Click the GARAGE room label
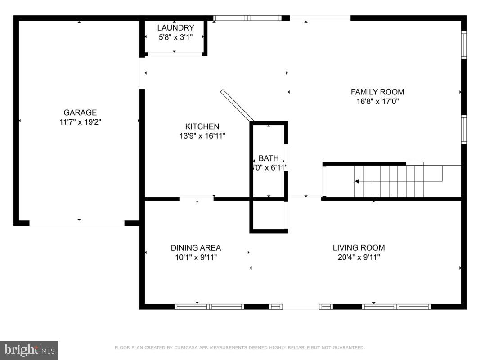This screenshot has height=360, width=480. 80,112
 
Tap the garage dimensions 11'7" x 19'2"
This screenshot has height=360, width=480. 80,122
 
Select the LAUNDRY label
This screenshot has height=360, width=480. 175,28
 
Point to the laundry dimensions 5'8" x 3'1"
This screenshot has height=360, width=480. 175,37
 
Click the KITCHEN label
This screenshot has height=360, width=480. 202,126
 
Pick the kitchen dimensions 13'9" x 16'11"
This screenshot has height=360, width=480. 202,136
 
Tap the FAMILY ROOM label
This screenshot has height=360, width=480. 377,92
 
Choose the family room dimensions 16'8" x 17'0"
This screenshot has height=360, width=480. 377,101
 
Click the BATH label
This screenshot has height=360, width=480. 269,158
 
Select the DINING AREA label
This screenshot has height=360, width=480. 196,247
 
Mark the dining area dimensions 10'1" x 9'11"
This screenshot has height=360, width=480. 196,257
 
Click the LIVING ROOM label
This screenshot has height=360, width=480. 359,247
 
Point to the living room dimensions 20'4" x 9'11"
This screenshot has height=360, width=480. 359,257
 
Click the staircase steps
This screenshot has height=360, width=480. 389,181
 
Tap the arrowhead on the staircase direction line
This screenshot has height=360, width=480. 357,181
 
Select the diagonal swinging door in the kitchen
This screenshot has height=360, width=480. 237,105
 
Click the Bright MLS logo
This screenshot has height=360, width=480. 29,350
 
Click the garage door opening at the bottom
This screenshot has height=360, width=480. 77,223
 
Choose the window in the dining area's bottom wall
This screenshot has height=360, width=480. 209,306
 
